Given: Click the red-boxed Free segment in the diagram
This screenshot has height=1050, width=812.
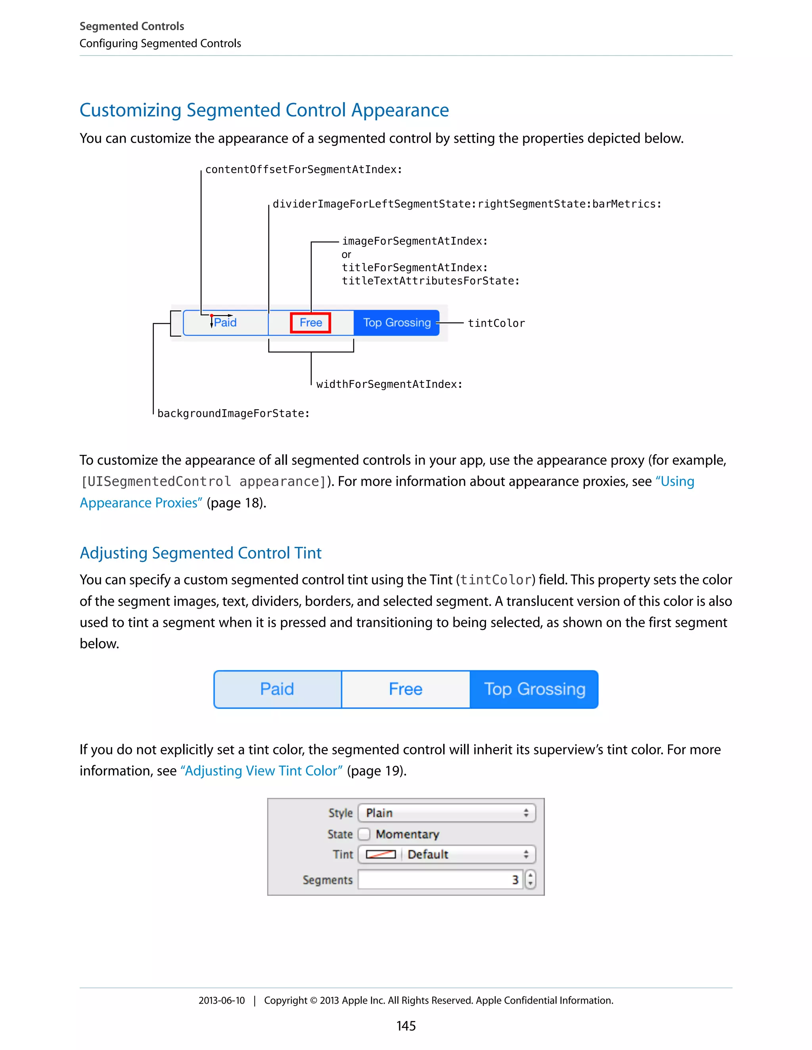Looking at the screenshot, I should (x=310, y=323).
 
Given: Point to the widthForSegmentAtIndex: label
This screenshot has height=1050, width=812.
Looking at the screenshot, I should (x=389, y=384).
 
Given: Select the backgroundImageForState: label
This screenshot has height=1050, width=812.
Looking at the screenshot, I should (x=233, y=413).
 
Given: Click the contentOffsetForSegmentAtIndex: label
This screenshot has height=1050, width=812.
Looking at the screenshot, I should (x=304, y=170).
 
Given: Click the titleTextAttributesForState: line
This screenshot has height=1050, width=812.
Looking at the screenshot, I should (x=431, y=281).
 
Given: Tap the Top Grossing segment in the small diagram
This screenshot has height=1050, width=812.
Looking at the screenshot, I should (x=396, y=323).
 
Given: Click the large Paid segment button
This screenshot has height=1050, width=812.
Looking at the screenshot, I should (x=277, y=689).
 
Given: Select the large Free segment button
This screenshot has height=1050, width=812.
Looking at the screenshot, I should (x=406, y=689).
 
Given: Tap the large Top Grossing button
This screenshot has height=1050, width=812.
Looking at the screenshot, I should (x=534, y=689).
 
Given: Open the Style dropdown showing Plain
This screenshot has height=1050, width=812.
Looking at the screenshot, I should (x=447, y=813).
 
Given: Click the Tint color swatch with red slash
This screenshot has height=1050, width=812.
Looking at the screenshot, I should (x=381, y=854).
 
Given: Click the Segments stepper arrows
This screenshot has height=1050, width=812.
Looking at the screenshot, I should (x=530, y=879).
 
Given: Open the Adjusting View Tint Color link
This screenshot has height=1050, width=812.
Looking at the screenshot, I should (x=261, y=771).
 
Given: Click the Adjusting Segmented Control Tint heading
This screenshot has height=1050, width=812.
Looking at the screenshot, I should (x=201, y=553).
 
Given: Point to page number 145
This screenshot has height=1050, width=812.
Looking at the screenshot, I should (x=406, y=1026).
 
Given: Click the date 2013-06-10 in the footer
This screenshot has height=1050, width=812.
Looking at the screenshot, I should (x=221, y=1000).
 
